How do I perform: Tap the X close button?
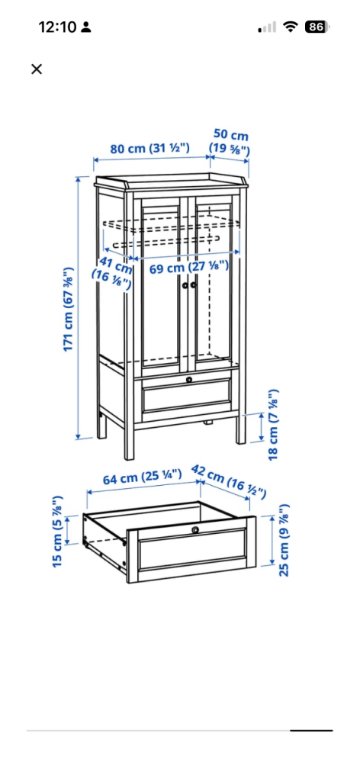tap(37, 69)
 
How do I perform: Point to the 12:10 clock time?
tap(57, 27)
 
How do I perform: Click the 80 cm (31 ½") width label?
tap(150, 149)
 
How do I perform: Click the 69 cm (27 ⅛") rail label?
tap(189, 267)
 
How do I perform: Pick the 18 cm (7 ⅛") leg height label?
tap(273, 424)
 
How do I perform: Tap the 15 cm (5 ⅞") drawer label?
tap(58, 531)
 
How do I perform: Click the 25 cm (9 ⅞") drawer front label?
tap(284, 540)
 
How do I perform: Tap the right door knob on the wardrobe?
tap(193, 285)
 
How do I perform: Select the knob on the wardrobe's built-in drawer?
tap(189, 380)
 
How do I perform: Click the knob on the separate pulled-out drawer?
tap(195, 529)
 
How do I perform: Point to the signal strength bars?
tap(267, 27)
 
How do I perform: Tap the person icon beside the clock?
tap(87, 27)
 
